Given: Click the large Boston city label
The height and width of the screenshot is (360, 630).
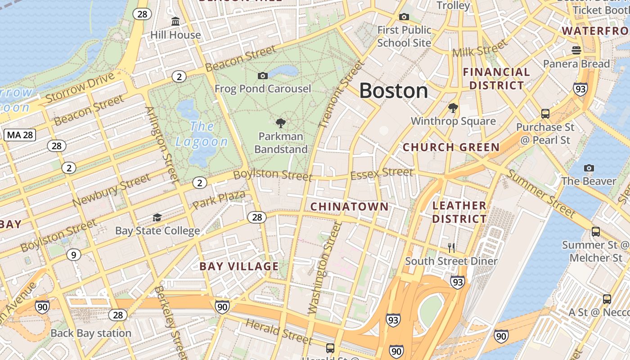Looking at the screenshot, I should (393, 91).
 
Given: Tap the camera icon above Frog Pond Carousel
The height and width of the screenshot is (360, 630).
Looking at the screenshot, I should (263, 76).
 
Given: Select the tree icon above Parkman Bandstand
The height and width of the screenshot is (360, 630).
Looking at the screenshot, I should (281, 123).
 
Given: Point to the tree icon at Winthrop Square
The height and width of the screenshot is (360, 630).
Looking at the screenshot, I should (453, 108).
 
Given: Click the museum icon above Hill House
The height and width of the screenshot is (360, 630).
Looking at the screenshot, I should (175, 21).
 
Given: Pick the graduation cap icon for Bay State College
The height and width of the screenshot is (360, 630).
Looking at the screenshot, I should (157, 218).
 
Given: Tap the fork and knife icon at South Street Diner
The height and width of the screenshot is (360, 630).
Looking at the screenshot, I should (451, 247).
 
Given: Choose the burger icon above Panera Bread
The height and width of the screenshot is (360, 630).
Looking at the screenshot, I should (576, 50).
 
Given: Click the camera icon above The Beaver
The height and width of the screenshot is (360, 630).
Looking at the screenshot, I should (589, 168).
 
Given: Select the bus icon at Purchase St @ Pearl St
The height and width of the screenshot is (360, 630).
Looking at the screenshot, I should (545, 114).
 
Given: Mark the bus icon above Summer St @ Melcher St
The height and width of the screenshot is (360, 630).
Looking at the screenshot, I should (595, 232).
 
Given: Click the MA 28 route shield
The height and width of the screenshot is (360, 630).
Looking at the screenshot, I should (20, 135).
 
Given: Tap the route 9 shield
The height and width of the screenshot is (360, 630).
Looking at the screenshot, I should (73, 255).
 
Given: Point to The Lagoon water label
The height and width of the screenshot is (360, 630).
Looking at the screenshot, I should (202, 134).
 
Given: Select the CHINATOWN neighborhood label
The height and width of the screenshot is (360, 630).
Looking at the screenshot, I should (349, 207).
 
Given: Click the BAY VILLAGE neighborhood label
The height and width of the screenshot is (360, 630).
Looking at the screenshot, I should (239, 266).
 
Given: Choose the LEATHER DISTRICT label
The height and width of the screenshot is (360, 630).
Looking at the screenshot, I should (459, 212).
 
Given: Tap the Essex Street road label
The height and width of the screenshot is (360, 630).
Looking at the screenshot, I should (381, 173).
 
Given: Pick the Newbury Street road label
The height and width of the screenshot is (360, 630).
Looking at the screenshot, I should (111, 191).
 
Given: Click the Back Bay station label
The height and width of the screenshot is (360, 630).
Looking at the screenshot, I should (91, 333).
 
